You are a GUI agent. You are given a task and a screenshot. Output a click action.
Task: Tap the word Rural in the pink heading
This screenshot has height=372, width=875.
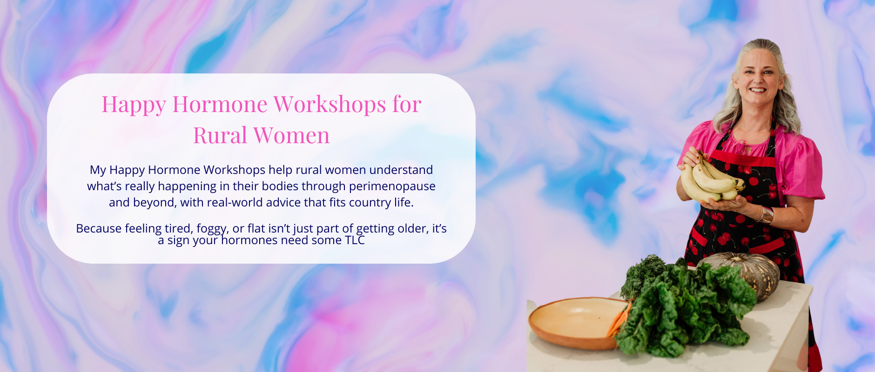220,135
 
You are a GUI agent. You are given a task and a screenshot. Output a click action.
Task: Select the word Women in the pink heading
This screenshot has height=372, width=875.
291,135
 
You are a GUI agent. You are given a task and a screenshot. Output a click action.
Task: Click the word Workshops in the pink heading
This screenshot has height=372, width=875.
330,104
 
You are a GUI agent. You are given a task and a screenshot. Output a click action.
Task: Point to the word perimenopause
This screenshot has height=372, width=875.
392,186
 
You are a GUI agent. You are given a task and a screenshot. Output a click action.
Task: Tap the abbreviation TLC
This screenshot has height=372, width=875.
355,240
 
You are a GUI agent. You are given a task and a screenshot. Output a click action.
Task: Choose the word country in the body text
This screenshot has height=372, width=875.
368,203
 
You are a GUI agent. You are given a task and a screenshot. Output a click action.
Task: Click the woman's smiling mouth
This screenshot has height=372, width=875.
758,90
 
